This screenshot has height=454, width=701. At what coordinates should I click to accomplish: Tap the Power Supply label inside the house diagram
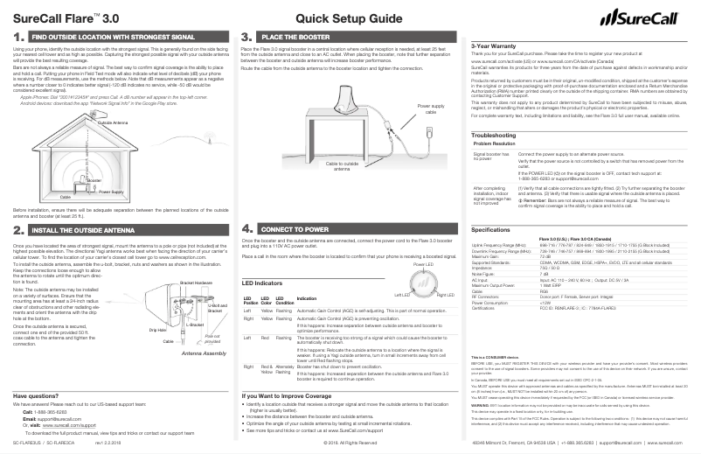[110, 191]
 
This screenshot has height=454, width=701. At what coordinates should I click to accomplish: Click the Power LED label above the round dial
[422, 263]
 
